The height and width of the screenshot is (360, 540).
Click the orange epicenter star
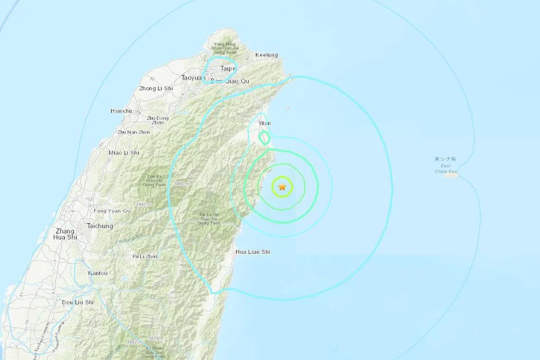click(x=282, y=187)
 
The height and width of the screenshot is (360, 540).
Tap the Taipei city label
click(x=228, y=69)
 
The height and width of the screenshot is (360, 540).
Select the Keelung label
click(x=267, y=55)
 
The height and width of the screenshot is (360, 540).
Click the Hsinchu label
click(x=120, y=111)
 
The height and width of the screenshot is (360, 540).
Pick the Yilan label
click(x=264, y=123)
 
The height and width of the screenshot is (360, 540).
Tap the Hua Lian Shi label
click(x=252, y=252)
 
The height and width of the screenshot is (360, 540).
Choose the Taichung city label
click(x=100, y=226)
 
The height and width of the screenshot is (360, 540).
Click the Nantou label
click(x=98, y=273)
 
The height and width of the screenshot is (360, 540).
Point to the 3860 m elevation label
click(x=181, y=183)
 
